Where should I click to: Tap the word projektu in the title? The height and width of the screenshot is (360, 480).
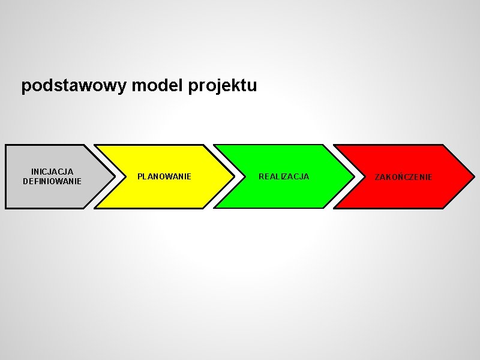[223, 86]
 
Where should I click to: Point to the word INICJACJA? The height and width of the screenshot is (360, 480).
[52, 172]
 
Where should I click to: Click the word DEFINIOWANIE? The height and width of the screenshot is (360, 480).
[52, 181]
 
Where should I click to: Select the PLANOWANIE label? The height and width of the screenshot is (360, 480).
[164, 176]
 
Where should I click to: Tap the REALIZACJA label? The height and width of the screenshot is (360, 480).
[284, 176]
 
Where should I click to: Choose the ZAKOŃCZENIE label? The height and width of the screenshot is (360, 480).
[403, 177]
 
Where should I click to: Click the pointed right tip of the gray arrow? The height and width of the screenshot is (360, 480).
[115, 176]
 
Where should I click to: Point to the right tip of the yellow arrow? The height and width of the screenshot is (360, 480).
[234, 176]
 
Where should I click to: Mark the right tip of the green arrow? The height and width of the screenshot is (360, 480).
[353, 176]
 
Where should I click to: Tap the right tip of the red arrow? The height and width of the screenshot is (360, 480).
[474, 176]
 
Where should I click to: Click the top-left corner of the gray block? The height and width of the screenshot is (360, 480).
[6, 145]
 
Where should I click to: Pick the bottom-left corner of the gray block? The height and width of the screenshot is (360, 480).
[6, 208]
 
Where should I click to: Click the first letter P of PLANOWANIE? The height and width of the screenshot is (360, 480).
[140, 176]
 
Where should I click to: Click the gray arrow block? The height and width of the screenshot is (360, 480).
[48, 195]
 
